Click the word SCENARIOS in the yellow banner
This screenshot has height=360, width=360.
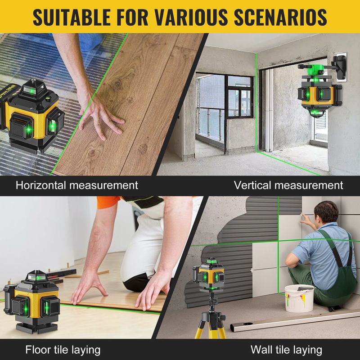280,17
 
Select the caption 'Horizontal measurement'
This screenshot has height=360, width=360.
77,185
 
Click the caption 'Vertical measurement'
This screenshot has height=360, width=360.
288,185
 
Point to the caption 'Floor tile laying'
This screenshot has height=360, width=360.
63,350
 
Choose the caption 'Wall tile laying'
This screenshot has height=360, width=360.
286,350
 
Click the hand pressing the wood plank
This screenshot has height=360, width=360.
101,119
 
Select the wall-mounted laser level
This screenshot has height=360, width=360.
320,91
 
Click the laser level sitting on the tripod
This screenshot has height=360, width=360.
208,274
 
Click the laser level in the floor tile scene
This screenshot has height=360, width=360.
32,301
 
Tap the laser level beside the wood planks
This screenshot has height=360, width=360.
31,115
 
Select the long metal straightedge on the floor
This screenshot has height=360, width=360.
295,320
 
